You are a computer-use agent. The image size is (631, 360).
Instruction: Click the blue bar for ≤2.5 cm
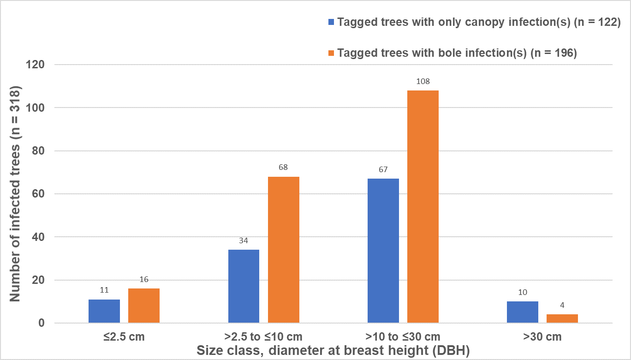(x=104, y=311)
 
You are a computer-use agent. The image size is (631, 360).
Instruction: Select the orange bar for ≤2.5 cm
(x=144, y=306)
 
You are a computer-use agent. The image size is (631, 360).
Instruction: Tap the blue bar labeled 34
(x=244, y=286)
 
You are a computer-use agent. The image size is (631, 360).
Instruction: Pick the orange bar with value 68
(x=284, y=250)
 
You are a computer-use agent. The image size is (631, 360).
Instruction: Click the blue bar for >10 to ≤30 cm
(x=383, y=251)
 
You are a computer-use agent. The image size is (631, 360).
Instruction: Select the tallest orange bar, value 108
(x=423, y=207)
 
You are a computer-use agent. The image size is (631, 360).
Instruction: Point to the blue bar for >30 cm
(x=523, y=312)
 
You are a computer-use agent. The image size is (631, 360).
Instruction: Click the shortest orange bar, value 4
(x=562, y=318)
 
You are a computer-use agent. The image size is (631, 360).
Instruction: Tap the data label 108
(x=423, y=82)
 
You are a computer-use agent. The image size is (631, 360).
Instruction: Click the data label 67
(x=383, y=170)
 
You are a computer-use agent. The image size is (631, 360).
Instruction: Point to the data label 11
(x=104, y=291)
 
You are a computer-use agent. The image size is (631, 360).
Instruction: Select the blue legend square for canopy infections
(x=331, y=22)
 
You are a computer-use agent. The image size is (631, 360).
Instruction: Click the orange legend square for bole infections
(x=331, y=53)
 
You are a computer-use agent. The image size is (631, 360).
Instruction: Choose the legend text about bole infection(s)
(x=457, y=53)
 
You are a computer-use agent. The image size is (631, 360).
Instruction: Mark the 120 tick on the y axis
(x=35, y=65)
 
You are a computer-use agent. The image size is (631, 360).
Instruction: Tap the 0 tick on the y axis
(x=42, y=323)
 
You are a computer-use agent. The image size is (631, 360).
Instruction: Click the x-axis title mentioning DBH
(x=333, y=350)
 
